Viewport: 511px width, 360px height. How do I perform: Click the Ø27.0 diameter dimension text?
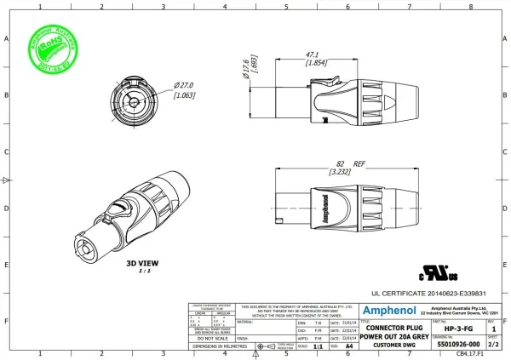pyautogui.click(x=187, y=85)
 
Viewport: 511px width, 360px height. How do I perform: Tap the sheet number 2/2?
pyautogui.click(x=492, y=346)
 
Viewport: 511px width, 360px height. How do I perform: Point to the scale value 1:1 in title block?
pyautogui.click(x=318, y=347)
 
